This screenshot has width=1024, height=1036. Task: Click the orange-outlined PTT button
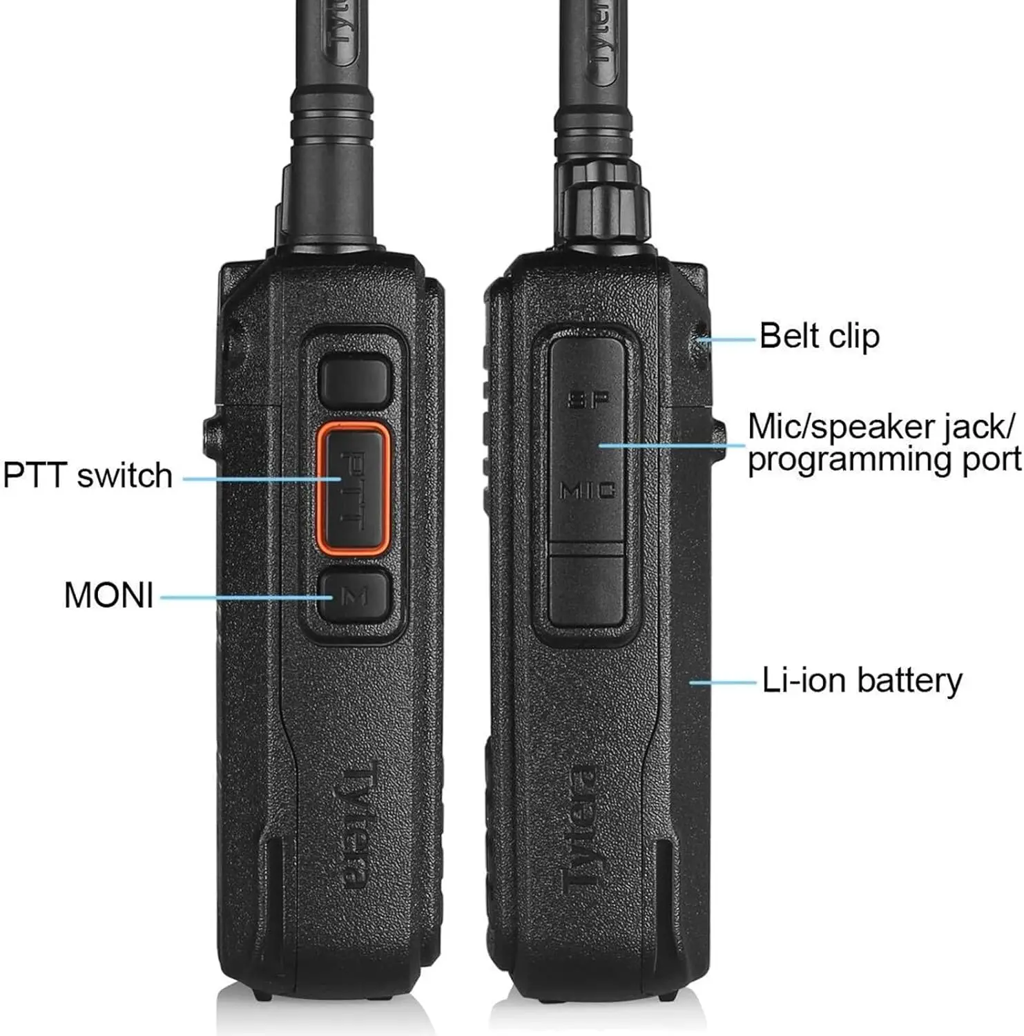coord(353,488)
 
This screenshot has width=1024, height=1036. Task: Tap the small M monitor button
coord(354,595)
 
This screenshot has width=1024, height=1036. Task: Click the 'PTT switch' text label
coord(88,476)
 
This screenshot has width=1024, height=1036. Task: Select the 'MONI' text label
coord(108,595)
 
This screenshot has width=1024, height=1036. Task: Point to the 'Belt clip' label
coord(820,336)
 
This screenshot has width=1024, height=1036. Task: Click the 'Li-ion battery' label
coord(862,680)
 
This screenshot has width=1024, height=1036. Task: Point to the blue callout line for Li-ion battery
coord(723,682)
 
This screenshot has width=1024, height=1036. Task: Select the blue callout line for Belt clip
coord(726,339)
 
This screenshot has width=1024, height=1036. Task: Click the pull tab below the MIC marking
coord(587,586)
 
